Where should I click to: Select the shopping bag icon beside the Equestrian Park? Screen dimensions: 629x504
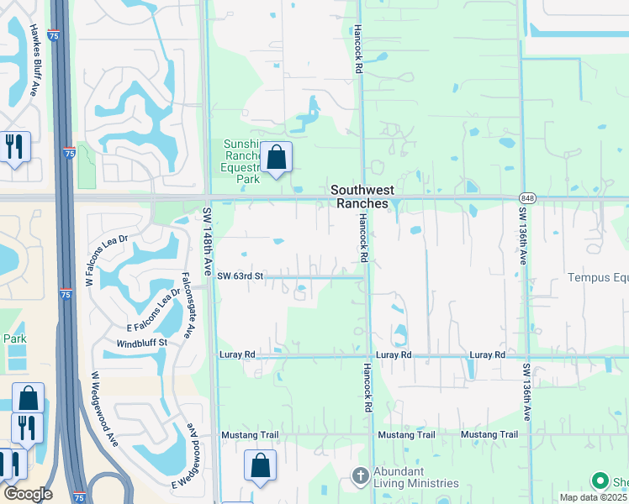click(276, 157)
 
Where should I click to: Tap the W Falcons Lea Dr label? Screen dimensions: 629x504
click(106, 260)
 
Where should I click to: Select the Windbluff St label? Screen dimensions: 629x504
click(142, 343)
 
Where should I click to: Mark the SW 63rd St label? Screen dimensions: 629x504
click(240, 276)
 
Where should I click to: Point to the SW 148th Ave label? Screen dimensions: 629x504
click(207, 243)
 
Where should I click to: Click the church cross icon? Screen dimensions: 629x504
click(360, 477)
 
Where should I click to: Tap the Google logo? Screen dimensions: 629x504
click(28, 494)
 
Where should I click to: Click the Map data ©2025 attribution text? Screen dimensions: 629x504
click(593, 497)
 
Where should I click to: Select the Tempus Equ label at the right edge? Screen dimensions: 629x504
click(597, 277)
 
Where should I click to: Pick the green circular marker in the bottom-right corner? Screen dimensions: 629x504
click(600, 481)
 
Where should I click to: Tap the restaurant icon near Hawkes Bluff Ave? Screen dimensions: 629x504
click(15, 146)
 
